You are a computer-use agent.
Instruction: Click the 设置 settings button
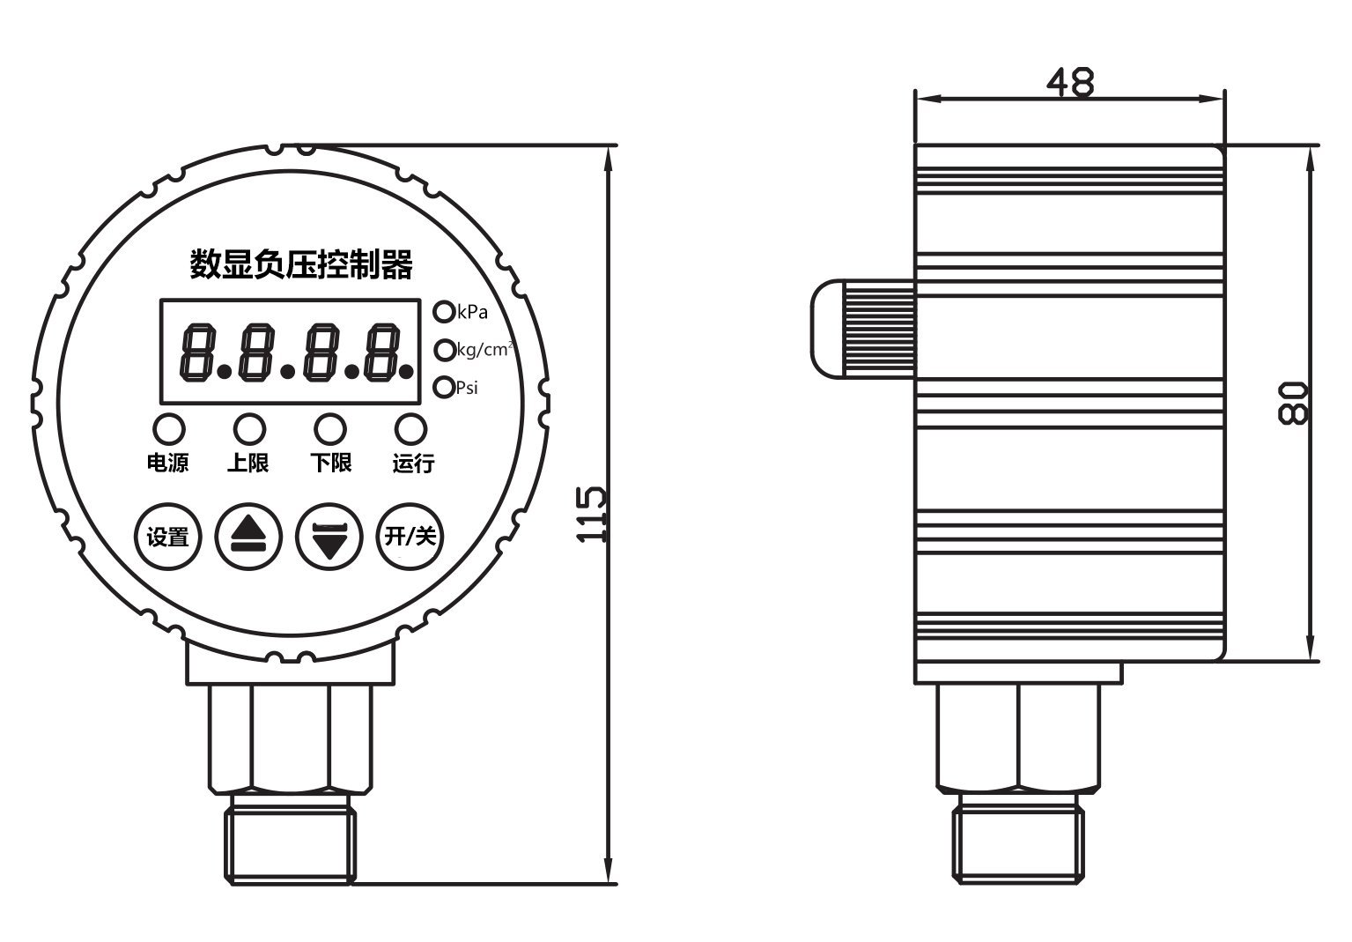[167, 537]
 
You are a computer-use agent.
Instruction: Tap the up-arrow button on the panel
[249, 537]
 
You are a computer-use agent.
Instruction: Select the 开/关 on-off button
[410, 536]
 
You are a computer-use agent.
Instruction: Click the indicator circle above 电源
[169, 429]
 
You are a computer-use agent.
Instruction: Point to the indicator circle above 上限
[249, 429]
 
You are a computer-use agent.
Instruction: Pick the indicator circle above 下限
[330, 429]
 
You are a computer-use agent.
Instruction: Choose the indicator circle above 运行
[410, 429]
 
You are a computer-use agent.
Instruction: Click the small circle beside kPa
[444, 312]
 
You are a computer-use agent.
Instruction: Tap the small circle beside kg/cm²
[445, 350]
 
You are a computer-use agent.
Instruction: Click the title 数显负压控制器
[301, 264]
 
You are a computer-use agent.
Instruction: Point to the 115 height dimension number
[591, 514]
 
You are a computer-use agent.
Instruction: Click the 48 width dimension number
[1070, 82]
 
